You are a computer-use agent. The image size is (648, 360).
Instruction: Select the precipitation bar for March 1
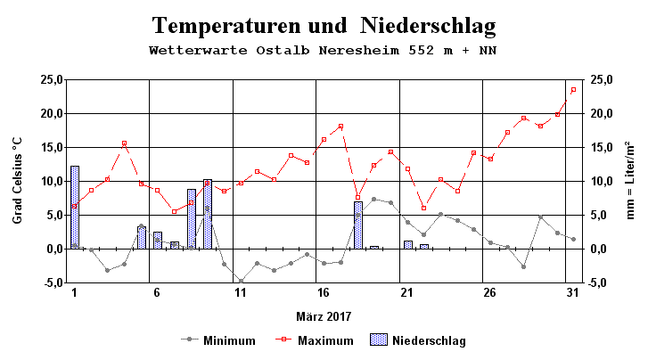(x=75, y=207)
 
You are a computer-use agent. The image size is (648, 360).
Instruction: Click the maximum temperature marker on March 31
(x=573, y=89)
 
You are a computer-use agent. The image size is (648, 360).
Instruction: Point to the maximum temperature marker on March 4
(x=124, y=143)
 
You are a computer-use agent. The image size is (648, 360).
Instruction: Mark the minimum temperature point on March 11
(x=241, y=282)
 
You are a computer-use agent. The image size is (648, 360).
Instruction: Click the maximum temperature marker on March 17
(x=340, y=126)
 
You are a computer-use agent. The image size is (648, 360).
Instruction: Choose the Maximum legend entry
(x=325, y=340)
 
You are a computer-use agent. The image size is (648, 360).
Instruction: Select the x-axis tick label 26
(x=489, y=295)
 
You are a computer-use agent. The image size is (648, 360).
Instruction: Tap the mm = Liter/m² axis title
(x=630, y=181)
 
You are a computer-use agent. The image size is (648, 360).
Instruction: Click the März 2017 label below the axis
(x=324, y=316)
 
